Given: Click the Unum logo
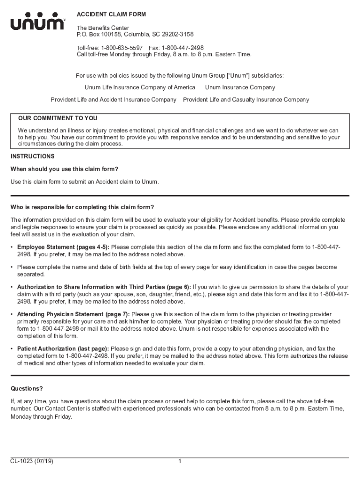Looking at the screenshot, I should click(x=38, y=23).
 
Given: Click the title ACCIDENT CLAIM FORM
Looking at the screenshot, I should click(x=111, y=15).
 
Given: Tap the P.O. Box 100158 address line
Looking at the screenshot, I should click(x=135, y=35).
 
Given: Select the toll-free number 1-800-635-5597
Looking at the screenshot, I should click(x=122, y=48).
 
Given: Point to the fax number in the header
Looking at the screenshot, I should click(x=182, y=48).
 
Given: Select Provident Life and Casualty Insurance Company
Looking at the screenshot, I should click(x=246, y=100).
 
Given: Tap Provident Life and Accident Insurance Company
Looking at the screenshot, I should click(x=114, y=100).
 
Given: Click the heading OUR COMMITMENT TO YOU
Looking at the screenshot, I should click(x=58, y=118).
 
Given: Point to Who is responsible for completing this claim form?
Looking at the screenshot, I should click(x=82, y=207).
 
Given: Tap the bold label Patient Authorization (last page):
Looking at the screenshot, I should click(x=63, y=349).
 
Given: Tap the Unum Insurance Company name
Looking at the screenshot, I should click(x=240, y=87).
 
